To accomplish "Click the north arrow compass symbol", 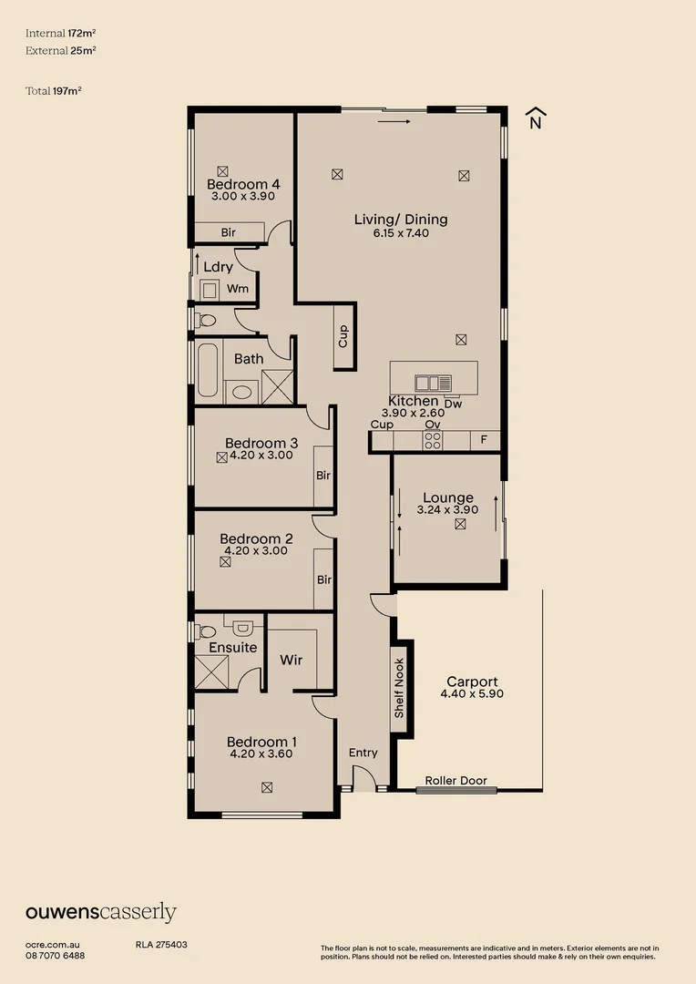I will [536, 118].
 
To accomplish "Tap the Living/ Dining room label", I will [401, 220].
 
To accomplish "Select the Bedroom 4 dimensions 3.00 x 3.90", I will [244, 196].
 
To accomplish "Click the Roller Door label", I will [455, 781].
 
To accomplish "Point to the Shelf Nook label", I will [398, 689].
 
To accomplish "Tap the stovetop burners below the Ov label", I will [433, 441].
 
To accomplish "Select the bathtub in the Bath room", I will [207, 371].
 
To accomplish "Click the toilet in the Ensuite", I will [207, 630].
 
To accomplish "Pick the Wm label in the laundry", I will [238, 289].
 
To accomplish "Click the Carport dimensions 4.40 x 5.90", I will [472, 693].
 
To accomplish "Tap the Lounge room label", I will [447, 498].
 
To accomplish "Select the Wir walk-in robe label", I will [292, 660].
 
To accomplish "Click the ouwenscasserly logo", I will [100, 913].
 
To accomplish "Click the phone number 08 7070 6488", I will [55, 955].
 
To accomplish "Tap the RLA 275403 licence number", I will [161, 946].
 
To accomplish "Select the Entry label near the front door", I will [363, 753].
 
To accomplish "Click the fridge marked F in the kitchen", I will [484, 441].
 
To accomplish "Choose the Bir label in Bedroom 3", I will [323, 476].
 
